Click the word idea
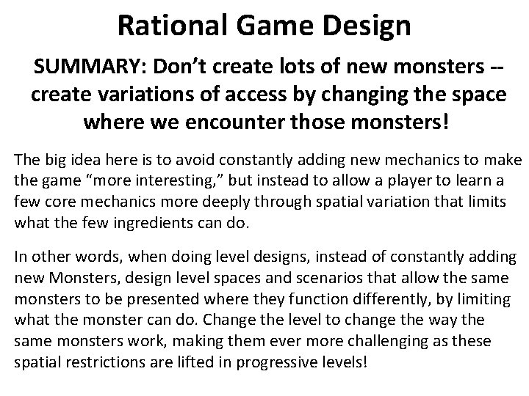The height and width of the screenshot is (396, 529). tap(80, 161)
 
